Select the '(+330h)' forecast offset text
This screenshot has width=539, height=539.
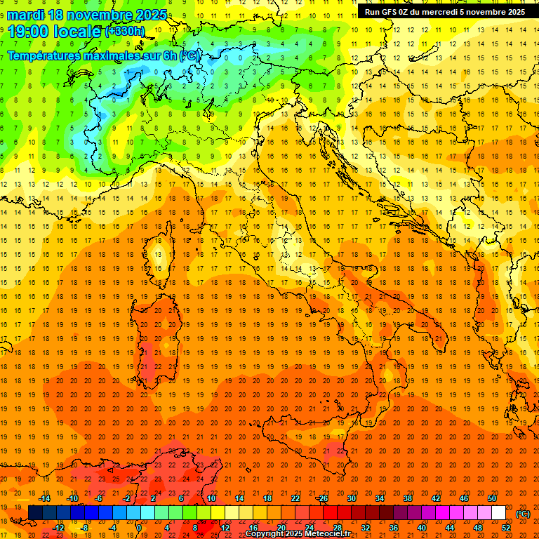tap(125, 32)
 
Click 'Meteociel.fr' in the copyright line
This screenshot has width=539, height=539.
tap(328, 534)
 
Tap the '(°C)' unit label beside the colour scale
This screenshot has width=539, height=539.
tap(523, 514)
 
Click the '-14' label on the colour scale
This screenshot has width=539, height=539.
tap(45, 498)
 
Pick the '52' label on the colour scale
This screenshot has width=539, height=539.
tap(506, 528)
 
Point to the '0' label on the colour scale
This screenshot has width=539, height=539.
tap(139, 528)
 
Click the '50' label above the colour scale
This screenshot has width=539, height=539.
tap(492, 498)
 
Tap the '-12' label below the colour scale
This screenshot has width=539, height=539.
tap(59, 528)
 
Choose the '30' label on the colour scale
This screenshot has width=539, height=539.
tap(351, 498)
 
